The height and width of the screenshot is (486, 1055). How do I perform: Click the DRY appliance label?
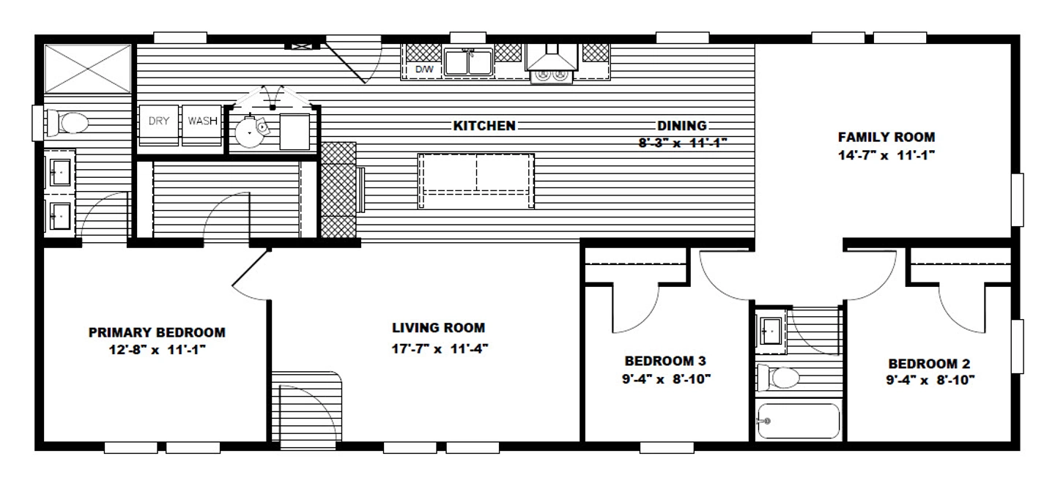point(159,121)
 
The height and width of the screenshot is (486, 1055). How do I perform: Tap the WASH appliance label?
point(202,121)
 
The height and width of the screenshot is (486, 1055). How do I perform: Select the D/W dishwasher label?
point(424,70)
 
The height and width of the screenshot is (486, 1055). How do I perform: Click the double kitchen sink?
point(469,62)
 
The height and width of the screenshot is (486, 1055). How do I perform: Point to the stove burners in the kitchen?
point(552,75)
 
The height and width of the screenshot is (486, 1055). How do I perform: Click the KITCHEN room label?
point(484,126)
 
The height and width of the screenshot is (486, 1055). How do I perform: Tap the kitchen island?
point(476,181)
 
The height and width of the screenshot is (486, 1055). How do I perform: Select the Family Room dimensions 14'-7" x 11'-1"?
point(886,155)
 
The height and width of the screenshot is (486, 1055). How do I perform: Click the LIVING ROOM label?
point(438,327)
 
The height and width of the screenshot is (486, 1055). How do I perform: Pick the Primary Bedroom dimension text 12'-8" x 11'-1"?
point(158,350)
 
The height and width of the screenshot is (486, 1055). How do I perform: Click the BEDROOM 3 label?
point(665,361)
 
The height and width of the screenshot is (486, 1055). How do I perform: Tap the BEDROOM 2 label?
point(929,364)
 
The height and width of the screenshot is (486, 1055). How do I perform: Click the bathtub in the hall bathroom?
point(799,421)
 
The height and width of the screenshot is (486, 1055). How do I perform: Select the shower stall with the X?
point(88,69)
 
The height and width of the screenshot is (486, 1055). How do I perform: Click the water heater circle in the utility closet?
point(249,132)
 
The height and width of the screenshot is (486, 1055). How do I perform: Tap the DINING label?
point(682,126)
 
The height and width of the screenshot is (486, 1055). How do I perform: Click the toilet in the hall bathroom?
point(778,378)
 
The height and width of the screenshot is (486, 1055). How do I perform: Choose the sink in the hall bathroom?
point(771,332)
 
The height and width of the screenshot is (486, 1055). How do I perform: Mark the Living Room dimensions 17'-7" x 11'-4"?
point(440,348)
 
